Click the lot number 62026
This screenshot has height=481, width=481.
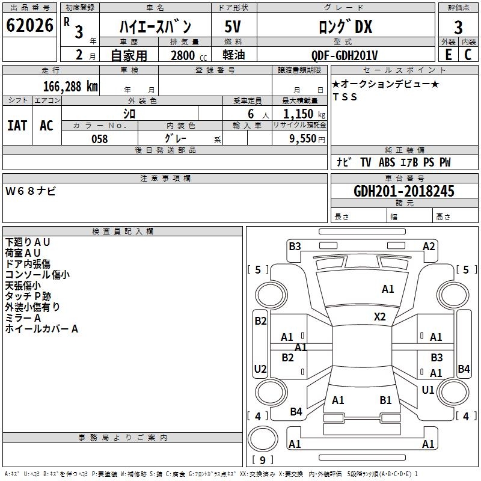29,27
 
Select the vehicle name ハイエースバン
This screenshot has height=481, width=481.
155,26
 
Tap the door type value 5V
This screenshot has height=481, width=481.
233,26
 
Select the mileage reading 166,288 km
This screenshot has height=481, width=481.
70,86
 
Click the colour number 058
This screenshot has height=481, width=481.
99,139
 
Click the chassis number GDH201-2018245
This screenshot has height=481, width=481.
404,191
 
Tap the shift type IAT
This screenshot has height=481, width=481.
17,125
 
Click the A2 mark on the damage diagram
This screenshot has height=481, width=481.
429,246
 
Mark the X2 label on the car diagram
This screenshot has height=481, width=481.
380,316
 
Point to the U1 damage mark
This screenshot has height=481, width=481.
428,390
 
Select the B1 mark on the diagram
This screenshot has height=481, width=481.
386,400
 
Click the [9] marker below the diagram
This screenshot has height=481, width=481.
262,460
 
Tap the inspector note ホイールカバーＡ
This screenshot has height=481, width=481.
41,329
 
